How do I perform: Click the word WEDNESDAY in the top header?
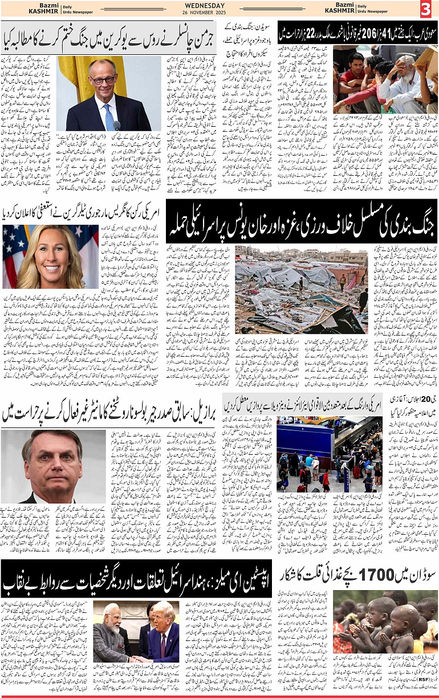tap(219, 5)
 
